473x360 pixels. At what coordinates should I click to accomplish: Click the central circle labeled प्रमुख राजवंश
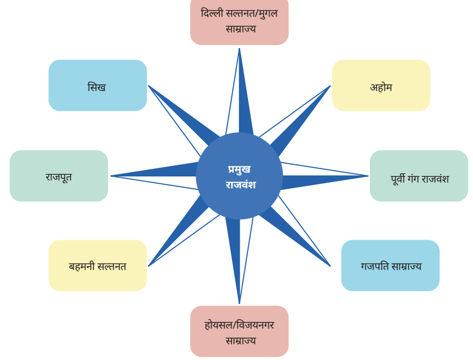(239, 176)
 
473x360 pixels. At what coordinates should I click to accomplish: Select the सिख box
(98, 85)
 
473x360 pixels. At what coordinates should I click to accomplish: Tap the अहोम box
(381, 85)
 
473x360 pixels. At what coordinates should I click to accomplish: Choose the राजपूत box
(59, 176)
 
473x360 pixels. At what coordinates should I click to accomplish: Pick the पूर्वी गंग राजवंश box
(419, 176)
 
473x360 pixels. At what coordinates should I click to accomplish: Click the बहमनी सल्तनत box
(98, 265)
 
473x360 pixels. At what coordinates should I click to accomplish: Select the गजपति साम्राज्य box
(390, 265)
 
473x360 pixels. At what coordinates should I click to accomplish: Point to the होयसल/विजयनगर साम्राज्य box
(240, 331)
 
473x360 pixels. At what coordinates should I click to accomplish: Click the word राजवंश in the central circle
(241, 184)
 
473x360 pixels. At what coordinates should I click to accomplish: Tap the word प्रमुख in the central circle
(239, 170)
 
